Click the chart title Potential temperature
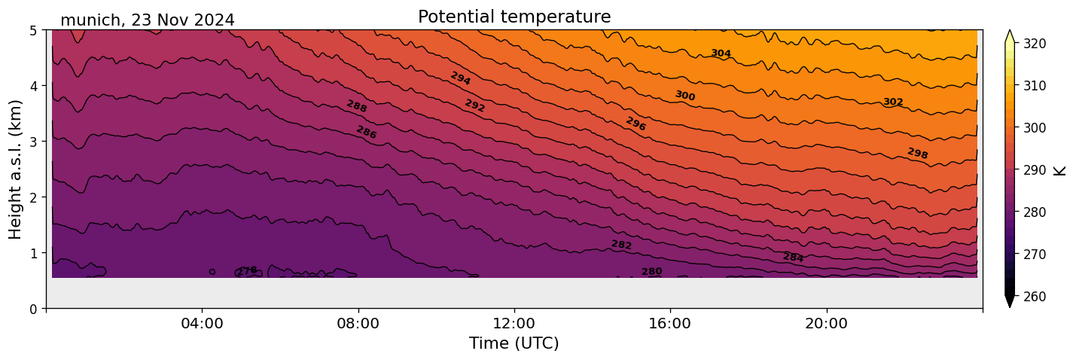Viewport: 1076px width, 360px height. click(x=514, y=17)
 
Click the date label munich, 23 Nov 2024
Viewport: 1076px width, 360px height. click(x=147, y=20)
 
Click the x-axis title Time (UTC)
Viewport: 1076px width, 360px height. click(x=514, y=343)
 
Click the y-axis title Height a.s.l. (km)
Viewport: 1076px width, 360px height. click(x=16, y=169)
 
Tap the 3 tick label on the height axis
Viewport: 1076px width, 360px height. click(x=34, y=142)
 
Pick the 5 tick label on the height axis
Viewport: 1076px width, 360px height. click(x=34, y=30)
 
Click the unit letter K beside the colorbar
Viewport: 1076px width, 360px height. click(x=1060, y=170)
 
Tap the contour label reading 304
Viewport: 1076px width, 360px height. click(x=721, y=53)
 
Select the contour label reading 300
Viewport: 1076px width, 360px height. click(x=684, y=96)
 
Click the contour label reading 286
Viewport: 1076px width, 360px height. click(x=366, y=133)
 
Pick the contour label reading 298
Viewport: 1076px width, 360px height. click(x=917, y=154)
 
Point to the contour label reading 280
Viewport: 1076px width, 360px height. click(x=651, y=271)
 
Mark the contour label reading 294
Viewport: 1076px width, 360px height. click(x=460, y=78)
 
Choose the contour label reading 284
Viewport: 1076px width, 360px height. click(x=793, y=258)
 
